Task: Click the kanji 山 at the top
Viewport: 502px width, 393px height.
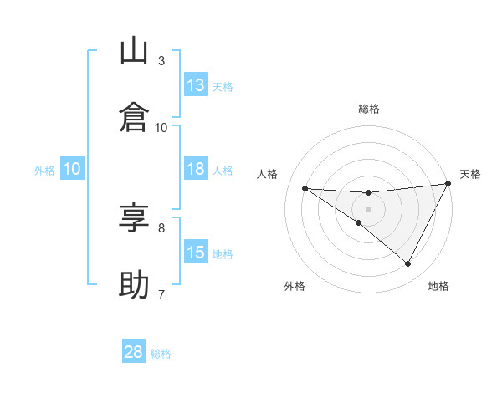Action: point(135,52)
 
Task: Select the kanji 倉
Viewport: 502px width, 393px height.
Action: point(135,117)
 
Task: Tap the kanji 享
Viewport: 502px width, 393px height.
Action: point(135,219)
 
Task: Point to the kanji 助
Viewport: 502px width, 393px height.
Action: point(135,285)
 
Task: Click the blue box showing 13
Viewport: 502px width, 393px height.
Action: point(196,85)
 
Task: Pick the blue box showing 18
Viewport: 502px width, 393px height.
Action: point(196,169)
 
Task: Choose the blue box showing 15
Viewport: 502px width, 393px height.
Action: point(196,253)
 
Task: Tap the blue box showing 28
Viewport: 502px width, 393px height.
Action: point(134,352)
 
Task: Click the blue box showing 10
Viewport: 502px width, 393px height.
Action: point(72,169)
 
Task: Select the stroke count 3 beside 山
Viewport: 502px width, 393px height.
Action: point(161,61)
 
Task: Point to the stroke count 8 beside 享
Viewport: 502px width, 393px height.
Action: point(161,227)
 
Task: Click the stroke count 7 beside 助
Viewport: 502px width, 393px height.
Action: point(161,294)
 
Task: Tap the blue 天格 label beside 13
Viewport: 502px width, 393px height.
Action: point(223,87)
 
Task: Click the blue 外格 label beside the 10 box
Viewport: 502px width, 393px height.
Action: point(44,171)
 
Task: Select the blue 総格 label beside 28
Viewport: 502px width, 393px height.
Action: point(161,354)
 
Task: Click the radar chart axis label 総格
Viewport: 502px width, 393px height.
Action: point(369,109)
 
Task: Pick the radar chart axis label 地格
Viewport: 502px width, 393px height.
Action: point(438,286)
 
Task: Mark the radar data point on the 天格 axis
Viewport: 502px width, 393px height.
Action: point(448,184)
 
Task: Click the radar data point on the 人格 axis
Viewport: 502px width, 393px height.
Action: point(305,188)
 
